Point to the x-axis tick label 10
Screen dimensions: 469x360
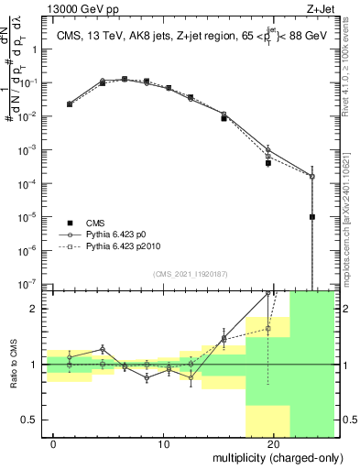[x=164, y=445]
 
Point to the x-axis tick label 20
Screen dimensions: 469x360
[x=274, y=445]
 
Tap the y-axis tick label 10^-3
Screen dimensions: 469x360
[x=28, y=150]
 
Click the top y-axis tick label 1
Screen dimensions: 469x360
[x=35, y=49]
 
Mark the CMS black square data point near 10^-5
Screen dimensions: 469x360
[x=312, y=217]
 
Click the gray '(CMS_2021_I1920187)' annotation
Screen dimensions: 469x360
[x=191, y=273]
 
